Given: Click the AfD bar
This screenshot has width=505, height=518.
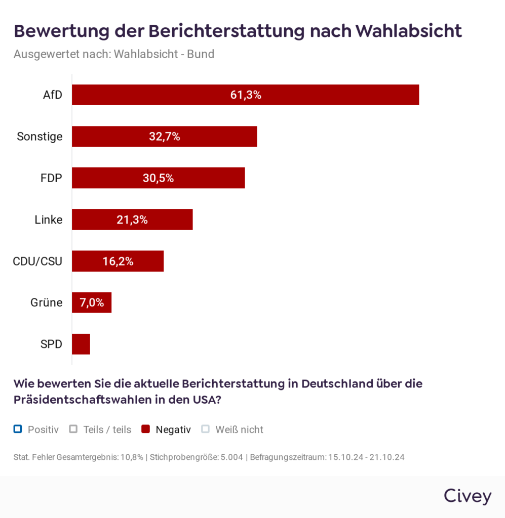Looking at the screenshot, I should pos(245,95).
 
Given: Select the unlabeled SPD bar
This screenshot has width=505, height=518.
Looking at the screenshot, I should pos(81,344).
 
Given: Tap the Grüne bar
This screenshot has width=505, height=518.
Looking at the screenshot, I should pos(92,303).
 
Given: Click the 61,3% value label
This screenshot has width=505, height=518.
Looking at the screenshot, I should pos(246,95).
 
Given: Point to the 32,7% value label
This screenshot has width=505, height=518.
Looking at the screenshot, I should pos(165,137).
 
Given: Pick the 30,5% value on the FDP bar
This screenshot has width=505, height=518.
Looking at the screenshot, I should pos(159,178).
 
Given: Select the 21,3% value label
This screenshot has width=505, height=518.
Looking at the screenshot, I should pos(132,220).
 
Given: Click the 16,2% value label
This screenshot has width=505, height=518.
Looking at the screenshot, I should pos(118,262).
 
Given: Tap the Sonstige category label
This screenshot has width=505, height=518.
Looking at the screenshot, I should pos(40,137).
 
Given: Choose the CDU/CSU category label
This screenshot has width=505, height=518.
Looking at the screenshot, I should pos(37,262).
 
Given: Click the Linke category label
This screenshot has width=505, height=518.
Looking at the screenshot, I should pos(49,220).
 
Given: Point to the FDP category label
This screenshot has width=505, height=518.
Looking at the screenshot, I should pos(51,178).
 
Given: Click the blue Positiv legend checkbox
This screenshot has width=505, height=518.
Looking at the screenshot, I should pos(18,429).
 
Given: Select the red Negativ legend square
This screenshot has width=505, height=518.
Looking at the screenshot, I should pos(146,429).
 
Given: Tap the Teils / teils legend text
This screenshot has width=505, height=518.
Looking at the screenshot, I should pos(107,430).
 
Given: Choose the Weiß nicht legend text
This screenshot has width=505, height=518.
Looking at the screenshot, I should pos(239,430).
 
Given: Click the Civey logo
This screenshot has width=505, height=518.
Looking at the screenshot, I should pos(467,496).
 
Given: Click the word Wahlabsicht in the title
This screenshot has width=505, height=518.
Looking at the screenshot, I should pos(408,31).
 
